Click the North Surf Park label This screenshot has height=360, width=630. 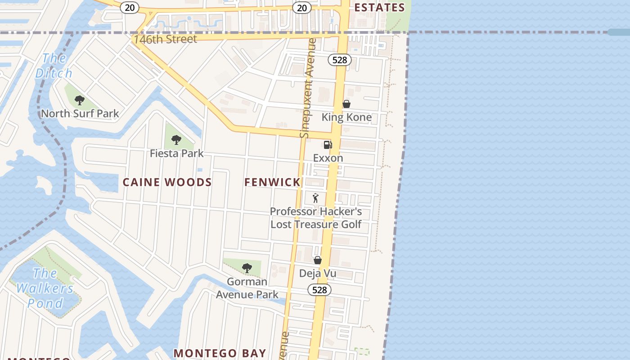[x=80, y=113]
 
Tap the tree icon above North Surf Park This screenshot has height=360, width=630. [x=80, y=100]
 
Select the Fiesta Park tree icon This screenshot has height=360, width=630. [x=176, y=139]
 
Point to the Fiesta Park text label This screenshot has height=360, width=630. [x=176, y=153]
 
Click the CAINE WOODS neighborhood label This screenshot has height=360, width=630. [x=167, y=182]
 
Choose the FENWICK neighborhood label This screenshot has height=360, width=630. [x=272, y=182]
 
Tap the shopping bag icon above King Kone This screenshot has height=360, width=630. [x=346, y=104]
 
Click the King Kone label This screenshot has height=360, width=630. [x=346, y=117]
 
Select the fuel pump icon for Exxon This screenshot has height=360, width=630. [x=328, y=144]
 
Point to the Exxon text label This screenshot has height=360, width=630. [x=328, y=158]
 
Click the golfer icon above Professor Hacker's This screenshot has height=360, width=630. [x=316, y=198]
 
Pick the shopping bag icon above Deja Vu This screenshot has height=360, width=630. [x=318, y=260]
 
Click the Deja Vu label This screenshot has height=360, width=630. [x=318, y=274]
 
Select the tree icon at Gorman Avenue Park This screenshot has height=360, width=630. [x=247, y=268]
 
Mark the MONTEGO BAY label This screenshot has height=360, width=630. [x=220, y=353]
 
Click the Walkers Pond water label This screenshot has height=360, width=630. [x=45, y=288]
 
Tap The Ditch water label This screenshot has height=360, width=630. [x=54, y=66]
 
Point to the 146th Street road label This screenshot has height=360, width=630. [x=166, y=40]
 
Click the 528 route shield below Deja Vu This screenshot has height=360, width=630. [x=319, y=290]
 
